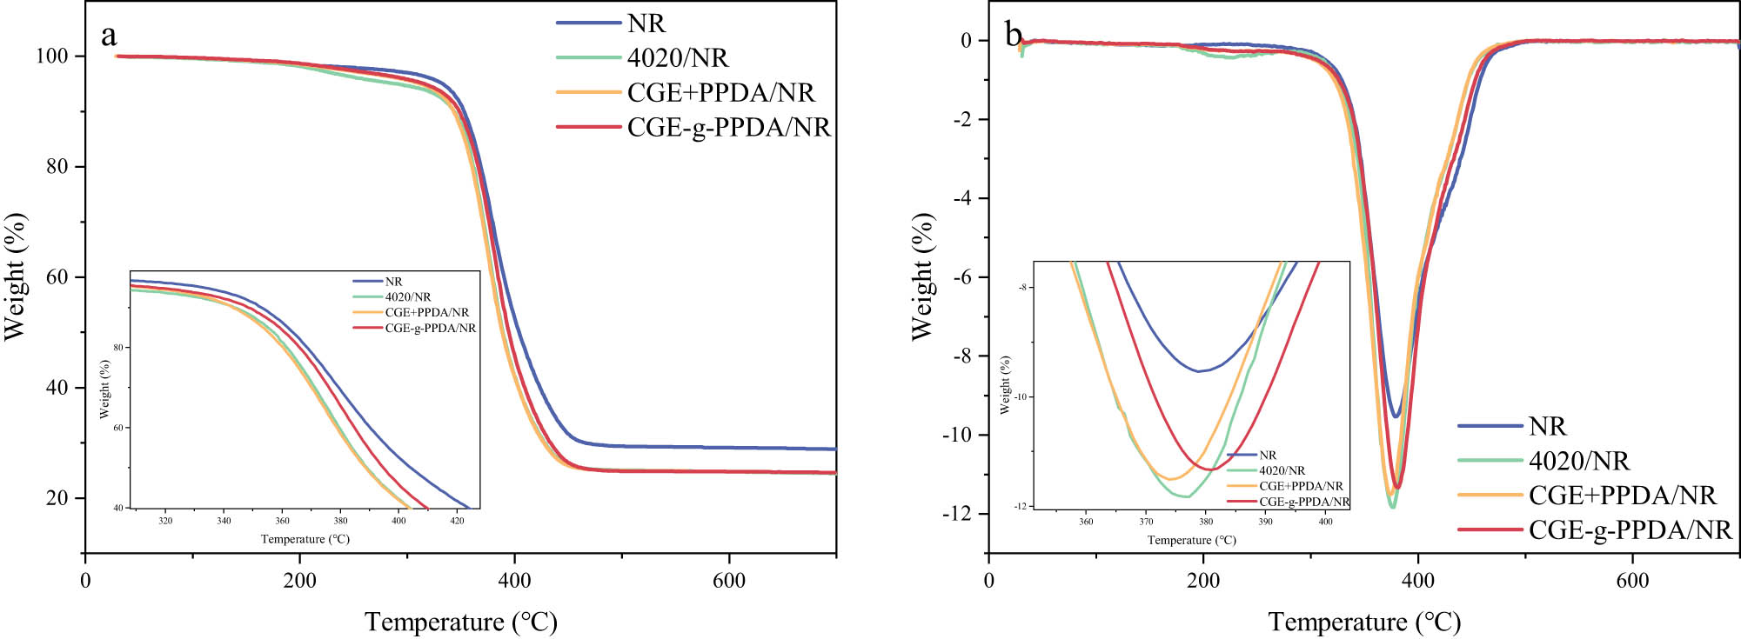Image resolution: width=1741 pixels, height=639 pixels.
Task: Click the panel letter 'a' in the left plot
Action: pos(109,36)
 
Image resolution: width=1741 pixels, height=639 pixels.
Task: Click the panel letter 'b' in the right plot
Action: pos(1014,36)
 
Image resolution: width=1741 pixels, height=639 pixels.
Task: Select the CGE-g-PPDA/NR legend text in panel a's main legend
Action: pos(728,128)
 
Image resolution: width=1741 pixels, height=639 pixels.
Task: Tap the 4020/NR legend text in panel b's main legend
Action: pos(1578,461)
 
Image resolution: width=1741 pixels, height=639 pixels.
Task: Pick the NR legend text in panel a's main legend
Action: pos(646,23)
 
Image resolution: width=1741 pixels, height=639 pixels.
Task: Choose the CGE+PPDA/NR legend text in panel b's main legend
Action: pos(1622,496)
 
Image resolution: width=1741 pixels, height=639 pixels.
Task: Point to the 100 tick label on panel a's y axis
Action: pos(52,57)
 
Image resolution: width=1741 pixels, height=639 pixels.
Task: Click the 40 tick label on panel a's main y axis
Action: pos(57,388)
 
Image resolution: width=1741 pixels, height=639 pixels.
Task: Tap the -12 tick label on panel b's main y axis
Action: pos(956,514)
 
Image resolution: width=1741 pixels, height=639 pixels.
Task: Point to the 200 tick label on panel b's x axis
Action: pos(1203,581)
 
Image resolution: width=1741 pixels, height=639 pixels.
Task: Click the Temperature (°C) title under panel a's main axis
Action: pos(460,622)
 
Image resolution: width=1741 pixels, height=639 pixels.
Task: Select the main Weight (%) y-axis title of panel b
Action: pos(922,276)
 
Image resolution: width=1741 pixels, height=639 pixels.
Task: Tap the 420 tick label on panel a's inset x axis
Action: pos(457,522)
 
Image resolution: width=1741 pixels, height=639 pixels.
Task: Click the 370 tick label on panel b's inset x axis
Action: pos(1146,522)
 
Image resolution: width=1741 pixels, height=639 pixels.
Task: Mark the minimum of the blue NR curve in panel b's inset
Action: pos(1200,371)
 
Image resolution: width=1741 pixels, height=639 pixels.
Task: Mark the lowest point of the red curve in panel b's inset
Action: pos(1209,469)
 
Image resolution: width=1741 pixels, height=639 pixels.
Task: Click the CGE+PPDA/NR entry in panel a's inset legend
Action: pos(426,312)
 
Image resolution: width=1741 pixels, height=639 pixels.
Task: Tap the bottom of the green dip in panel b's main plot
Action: pos(1393,507)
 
